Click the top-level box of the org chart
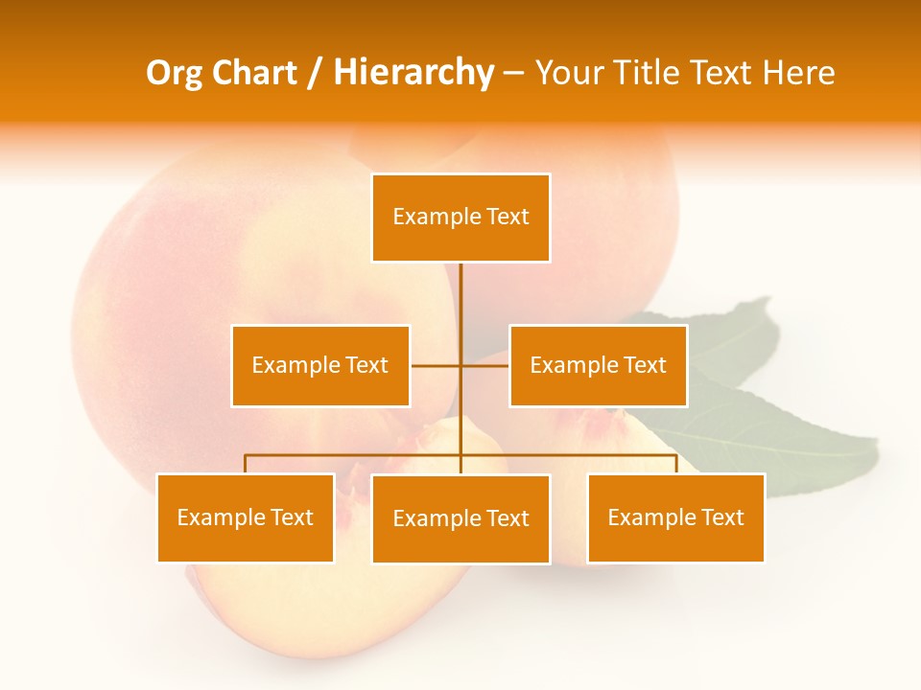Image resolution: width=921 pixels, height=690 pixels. coord(460,218)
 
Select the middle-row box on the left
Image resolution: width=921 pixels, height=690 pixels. coord(319,365)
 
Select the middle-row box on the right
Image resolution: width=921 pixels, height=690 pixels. coord(598,365)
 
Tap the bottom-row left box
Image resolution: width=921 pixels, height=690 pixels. coord(245,517)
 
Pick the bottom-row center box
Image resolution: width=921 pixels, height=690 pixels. coord(460,518)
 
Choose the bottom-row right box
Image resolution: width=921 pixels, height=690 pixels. coord(675,517)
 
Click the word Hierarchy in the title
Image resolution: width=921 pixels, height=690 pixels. coord(413,73)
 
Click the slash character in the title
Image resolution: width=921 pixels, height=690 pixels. coord(315,73)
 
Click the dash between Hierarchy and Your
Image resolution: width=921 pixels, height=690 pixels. coord(513,74)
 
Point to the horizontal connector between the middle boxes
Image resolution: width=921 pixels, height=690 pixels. coord(437,365)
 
